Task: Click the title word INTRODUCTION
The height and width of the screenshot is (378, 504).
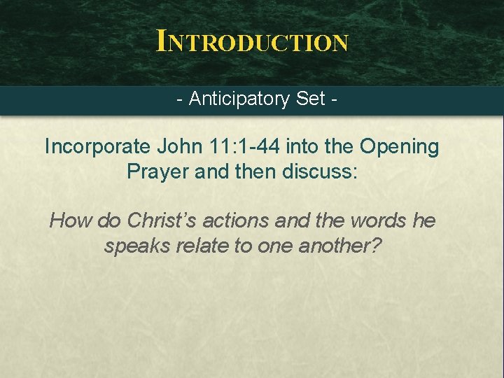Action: click(252, 41)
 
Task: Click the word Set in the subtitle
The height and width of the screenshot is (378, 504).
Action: click(310, 99)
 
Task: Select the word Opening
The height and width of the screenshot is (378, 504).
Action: click(399, 147)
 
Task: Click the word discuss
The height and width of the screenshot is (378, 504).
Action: click(320, 171)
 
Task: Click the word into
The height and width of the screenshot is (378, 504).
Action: click(318, 147)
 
